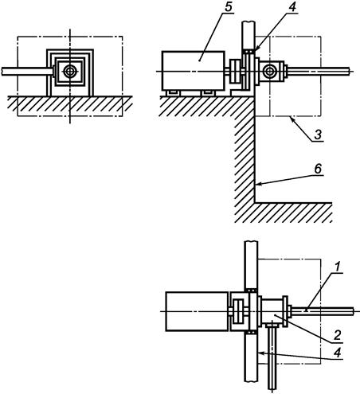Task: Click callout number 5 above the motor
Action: pyautogui.click(x=228, y=7)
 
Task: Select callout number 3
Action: pyautogui.click(x=318, y=135)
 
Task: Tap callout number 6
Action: pyautogui.click(x=318, y=169)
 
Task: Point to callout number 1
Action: pyautogui.click(x=337, y=267)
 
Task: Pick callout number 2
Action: pyautogui.click(x=337, y=335)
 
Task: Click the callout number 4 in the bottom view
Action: pyautogui.click(x=337, y=353)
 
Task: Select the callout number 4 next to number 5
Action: pyautogui.click(x=292, y=7)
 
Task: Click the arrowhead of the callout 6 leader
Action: pyautogui.click(x=257, y=184)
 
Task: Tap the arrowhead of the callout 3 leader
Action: pyautogui.click(x=292, y=119)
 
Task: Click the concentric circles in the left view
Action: pyautogui.click(x=70, y=71)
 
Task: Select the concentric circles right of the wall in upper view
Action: pyautogui.click(x=269, y=71)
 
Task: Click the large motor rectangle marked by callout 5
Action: pyautogui.click(x=194, y=71)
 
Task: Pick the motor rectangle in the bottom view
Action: pyautogui.click(x=197, y=311)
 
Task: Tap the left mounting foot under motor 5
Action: pyautogui.click(x=173, y=93)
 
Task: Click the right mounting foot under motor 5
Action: pyautogui.click(x=208, y=93)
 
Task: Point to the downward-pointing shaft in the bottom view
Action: pyautogui.click(x=272, y=356)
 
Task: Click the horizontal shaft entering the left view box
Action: pyautogui.click(x=28, y=72)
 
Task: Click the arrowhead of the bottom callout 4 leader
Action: pyautogui.click(x=260, y=353)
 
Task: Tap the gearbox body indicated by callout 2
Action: pyautogui.click(x=272, y=310)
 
